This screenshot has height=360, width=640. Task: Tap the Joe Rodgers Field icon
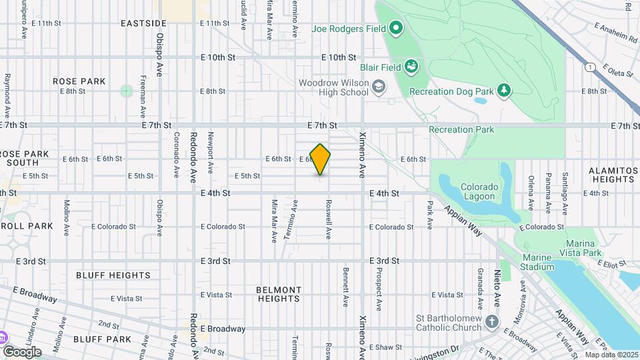coord(396,29)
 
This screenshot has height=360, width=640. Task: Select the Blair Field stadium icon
coord(412,67)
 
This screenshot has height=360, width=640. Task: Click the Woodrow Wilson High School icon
coord(379,87)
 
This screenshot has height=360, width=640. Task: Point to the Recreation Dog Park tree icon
coord(505,90)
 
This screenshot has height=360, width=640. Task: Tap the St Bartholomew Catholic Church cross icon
coord(492,322)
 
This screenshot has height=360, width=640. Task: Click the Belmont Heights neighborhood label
coord(279,294)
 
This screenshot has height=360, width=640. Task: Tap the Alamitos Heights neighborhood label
coord(612,175)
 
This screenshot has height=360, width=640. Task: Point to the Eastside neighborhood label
coord(143,23)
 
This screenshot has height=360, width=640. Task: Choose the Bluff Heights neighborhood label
coord(113,275)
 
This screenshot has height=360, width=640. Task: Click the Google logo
coord(22,351)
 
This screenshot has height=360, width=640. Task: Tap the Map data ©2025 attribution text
coord(611,355)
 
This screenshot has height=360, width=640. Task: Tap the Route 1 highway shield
coord(590,67)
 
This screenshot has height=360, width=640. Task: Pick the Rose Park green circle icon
coord(127,91)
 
